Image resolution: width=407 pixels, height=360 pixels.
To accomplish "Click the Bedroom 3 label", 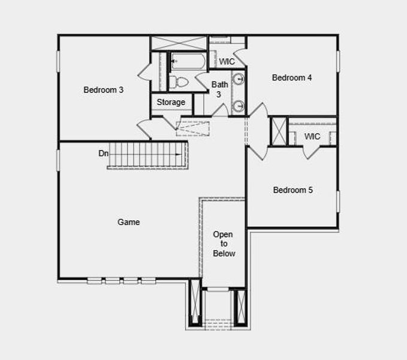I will coord(103,90).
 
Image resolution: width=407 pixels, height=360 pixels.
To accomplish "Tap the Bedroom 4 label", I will coord(292,77).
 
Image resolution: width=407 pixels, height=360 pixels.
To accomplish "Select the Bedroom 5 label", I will coord(293,190).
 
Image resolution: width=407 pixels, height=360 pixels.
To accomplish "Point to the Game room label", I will coord(128,222).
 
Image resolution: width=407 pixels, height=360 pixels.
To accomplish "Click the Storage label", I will coord(171,103).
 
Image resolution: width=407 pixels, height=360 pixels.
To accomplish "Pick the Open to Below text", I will coord(224,244).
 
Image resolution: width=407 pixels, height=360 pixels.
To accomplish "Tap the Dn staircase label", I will coord(103,154).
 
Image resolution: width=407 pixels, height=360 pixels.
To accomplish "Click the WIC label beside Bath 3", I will coord(227,62).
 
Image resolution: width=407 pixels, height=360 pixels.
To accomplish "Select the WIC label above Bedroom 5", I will coord(312,137).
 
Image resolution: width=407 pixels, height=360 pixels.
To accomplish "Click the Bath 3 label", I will coord(219,89).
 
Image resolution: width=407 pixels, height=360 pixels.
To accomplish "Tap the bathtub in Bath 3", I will coord(188,61).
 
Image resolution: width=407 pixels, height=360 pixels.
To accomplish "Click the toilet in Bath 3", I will coord(179,82).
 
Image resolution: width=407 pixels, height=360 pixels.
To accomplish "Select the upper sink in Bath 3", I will coord(238,79).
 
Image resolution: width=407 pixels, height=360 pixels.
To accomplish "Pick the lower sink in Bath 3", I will coord(238,106).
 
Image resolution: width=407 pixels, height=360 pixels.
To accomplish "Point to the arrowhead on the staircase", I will coord(179,155).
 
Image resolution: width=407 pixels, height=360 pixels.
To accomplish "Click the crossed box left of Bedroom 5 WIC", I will coord(279,131).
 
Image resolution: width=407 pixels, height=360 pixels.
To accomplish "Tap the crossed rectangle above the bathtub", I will coord(179,43).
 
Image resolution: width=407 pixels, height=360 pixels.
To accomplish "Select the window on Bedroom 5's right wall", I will coord(337,201).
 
